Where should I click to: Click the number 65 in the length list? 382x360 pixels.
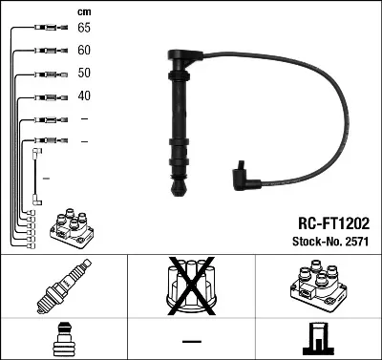(x=84, y=28)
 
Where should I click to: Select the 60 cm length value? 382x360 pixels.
(x=84, y=50)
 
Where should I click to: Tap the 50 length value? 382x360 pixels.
(x=84, y=73)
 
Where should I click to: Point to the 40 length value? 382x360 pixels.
(x=84, y=95)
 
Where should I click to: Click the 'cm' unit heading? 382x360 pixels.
(x=82, y=11)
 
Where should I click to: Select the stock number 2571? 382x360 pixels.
(x=355, y=244)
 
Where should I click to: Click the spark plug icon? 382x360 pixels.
(x=64, y=287)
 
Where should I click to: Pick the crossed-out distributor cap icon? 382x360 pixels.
(x=191, y=286)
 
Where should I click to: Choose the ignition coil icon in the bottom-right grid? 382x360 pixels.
(x=318, y=287)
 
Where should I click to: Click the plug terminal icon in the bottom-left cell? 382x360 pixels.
(x=64, y=340)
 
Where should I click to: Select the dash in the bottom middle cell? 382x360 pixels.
(x=191, y=341)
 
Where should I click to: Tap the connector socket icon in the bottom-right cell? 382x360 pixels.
(x=318, y=340)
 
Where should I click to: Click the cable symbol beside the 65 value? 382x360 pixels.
(x=45, y=29)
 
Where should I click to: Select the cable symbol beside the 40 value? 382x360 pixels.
(x=45, y=96)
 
